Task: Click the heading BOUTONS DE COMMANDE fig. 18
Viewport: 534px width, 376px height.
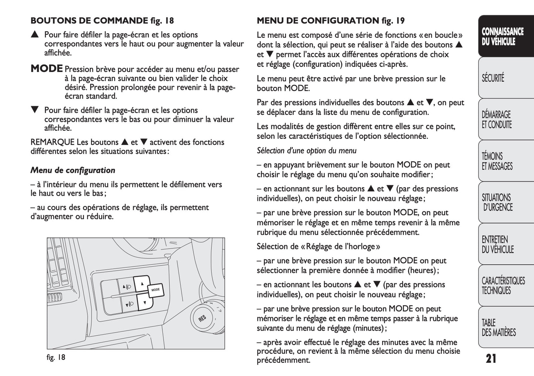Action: [102, 21]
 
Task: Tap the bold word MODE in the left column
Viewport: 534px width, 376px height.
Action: [47, 69]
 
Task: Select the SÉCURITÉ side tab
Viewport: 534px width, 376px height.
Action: [493, 78]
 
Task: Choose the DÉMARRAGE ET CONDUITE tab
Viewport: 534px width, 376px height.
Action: [497, 120]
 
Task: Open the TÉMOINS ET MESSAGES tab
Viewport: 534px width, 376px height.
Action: [497, 161]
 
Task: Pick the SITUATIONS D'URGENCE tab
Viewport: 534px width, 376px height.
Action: [497, 202]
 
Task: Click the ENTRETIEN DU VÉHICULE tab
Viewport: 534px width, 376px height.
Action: [497, 245]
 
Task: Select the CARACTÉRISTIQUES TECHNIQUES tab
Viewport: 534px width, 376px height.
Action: [503, 286]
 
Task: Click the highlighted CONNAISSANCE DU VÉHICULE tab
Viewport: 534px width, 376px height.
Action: [502, 37]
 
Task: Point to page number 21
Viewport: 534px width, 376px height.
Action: [491, 359]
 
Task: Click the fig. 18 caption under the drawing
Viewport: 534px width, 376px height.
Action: [56, 357]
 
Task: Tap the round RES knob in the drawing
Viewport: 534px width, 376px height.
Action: [202, 318]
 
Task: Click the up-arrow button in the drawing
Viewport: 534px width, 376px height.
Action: [142, 284]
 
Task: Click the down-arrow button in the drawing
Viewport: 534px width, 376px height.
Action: [144, 302]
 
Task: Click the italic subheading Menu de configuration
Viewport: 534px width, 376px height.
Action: [73, 170]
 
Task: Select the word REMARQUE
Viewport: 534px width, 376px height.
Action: [52, 142]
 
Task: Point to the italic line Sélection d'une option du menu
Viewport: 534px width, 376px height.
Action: [306, 151]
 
